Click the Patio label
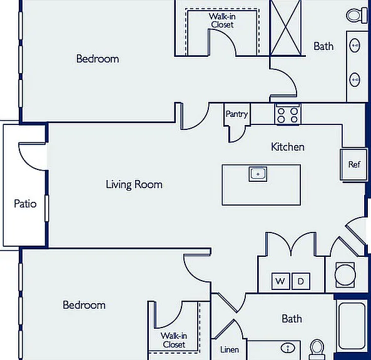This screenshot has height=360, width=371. pos(25,204)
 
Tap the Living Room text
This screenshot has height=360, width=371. pos(134,184)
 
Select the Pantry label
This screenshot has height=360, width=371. pos(236,114)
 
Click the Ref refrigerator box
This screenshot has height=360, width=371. pos(354,164)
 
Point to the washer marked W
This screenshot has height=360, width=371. pos(280,281)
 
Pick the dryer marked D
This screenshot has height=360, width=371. pos(301,281)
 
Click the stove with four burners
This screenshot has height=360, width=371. pos(288,114)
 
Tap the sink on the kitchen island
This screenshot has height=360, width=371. pos(258,174)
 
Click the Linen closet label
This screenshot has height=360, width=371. pos(229,349)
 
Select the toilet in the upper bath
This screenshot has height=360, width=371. pos(357,16)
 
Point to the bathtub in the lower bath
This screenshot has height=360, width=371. pos(352,326)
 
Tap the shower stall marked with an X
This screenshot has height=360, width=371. pos(285,28)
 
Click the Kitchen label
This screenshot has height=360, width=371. pos(288,147)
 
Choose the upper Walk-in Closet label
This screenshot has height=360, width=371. pos(222,21)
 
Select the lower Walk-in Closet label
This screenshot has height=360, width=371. pos(174,340)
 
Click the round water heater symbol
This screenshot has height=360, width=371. pos(345,275)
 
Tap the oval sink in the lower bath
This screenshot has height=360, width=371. pos(288,348)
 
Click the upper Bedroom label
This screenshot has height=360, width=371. pos(98,59)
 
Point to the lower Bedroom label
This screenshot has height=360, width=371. pos(84,305)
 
